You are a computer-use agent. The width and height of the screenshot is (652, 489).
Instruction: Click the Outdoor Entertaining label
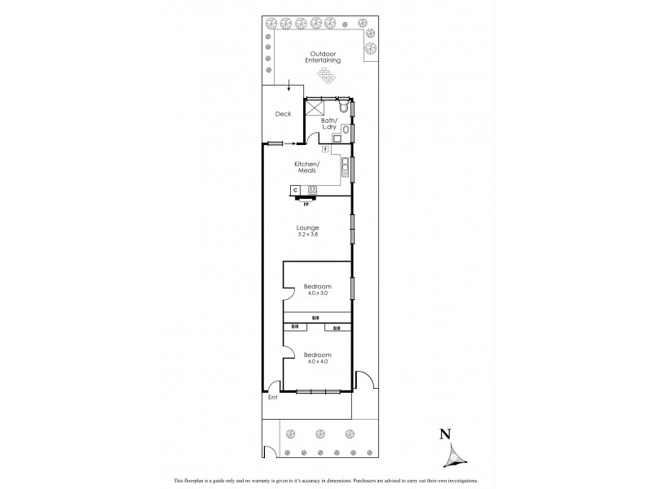(322, 57)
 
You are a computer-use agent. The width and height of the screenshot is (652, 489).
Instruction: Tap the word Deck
(283, 114)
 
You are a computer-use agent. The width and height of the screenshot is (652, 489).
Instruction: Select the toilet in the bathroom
(345, 107)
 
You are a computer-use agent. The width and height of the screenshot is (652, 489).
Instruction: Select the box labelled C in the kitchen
(295, 190)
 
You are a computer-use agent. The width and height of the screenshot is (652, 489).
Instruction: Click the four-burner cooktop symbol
(312, 190)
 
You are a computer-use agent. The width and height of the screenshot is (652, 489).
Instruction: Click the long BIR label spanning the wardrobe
(317, 317)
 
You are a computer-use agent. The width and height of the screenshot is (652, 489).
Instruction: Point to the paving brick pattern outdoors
(327, 76)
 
